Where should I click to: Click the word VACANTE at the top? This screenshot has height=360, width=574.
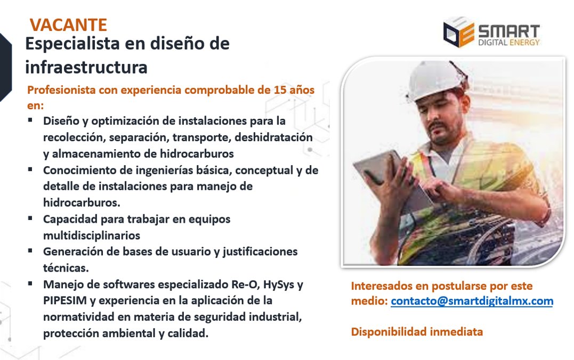pyautogui.click(x=68, y=24)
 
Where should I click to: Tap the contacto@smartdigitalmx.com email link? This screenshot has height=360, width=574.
pyautogui.click(x=472, y=301)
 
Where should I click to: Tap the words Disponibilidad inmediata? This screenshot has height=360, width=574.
pyautogui.click(x=417, y=332)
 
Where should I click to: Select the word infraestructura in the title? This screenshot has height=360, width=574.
pyautogui.click(x=86, y=68)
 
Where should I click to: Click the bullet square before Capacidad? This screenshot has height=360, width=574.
pyautogui.click(x=31, y=218)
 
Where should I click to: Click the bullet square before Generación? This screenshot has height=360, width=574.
pyautogui.click(x=31, y=250)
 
